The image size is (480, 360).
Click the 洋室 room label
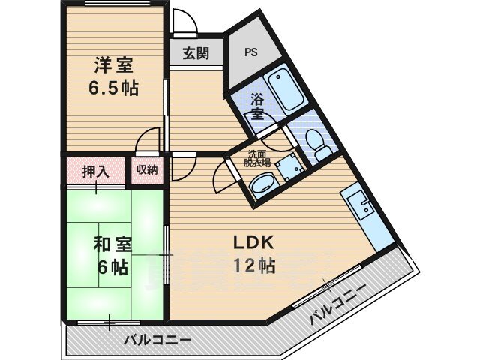[113, 65]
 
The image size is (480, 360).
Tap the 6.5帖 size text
[113, 87]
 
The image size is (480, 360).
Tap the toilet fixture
[316, 142]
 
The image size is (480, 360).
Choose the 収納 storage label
[147, 169]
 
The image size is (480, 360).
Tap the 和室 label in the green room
[113, 244]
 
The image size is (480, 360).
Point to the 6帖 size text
[113, 266]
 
